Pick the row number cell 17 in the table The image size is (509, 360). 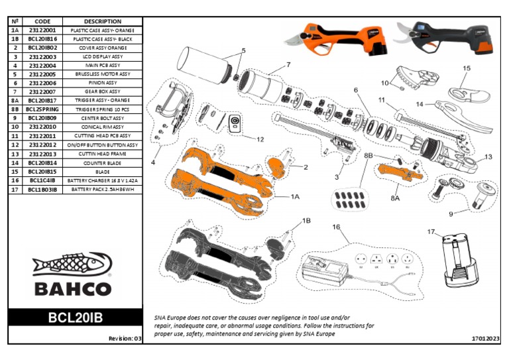pyautogui.click(x=15, y=189)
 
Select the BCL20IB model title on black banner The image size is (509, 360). pyautogui.click(x=75, y=318)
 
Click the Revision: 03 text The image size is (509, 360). pyautogui.click(x=125, y=338)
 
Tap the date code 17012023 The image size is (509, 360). pyautogui.click(x=485, y=338)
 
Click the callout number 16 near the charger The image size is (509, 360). pyautogui.click(x=336, y=227)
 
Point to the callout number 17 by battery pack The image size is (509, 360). pyautogui.click(x=431, y=232)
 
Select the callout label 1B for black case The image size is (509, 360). pyautogui.click(x=306, y=219)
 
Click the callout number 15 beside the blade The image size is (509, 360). pyautogui.click(x=467, y=68)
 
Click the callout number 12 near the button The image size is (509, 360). pyautogui.click(x=260, y=140)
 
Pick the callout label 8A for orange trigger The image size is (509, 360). pyautogui.click(x=394, y=197)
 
